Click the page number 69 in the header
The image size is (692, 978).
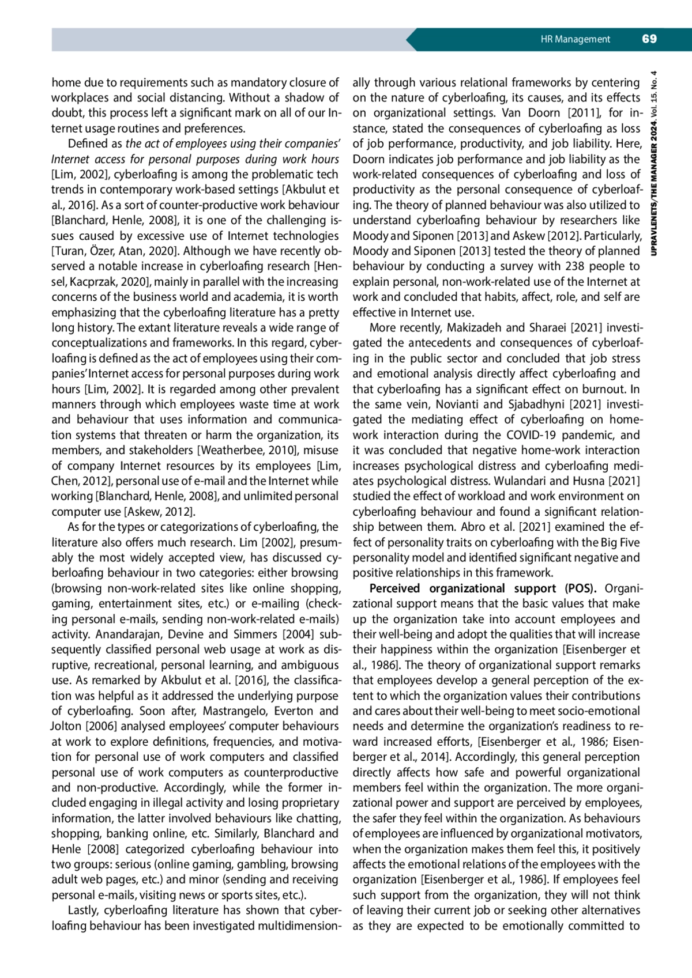coord(649,39)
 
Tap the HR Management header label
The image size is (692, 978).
coord(575,39)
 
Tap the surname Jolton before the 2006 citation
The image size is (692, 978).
coord(67,726)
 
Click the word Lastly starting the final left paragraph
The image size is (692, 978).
coord(82,911)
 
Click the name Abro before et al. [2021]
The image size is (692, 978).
coord(473,527)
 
